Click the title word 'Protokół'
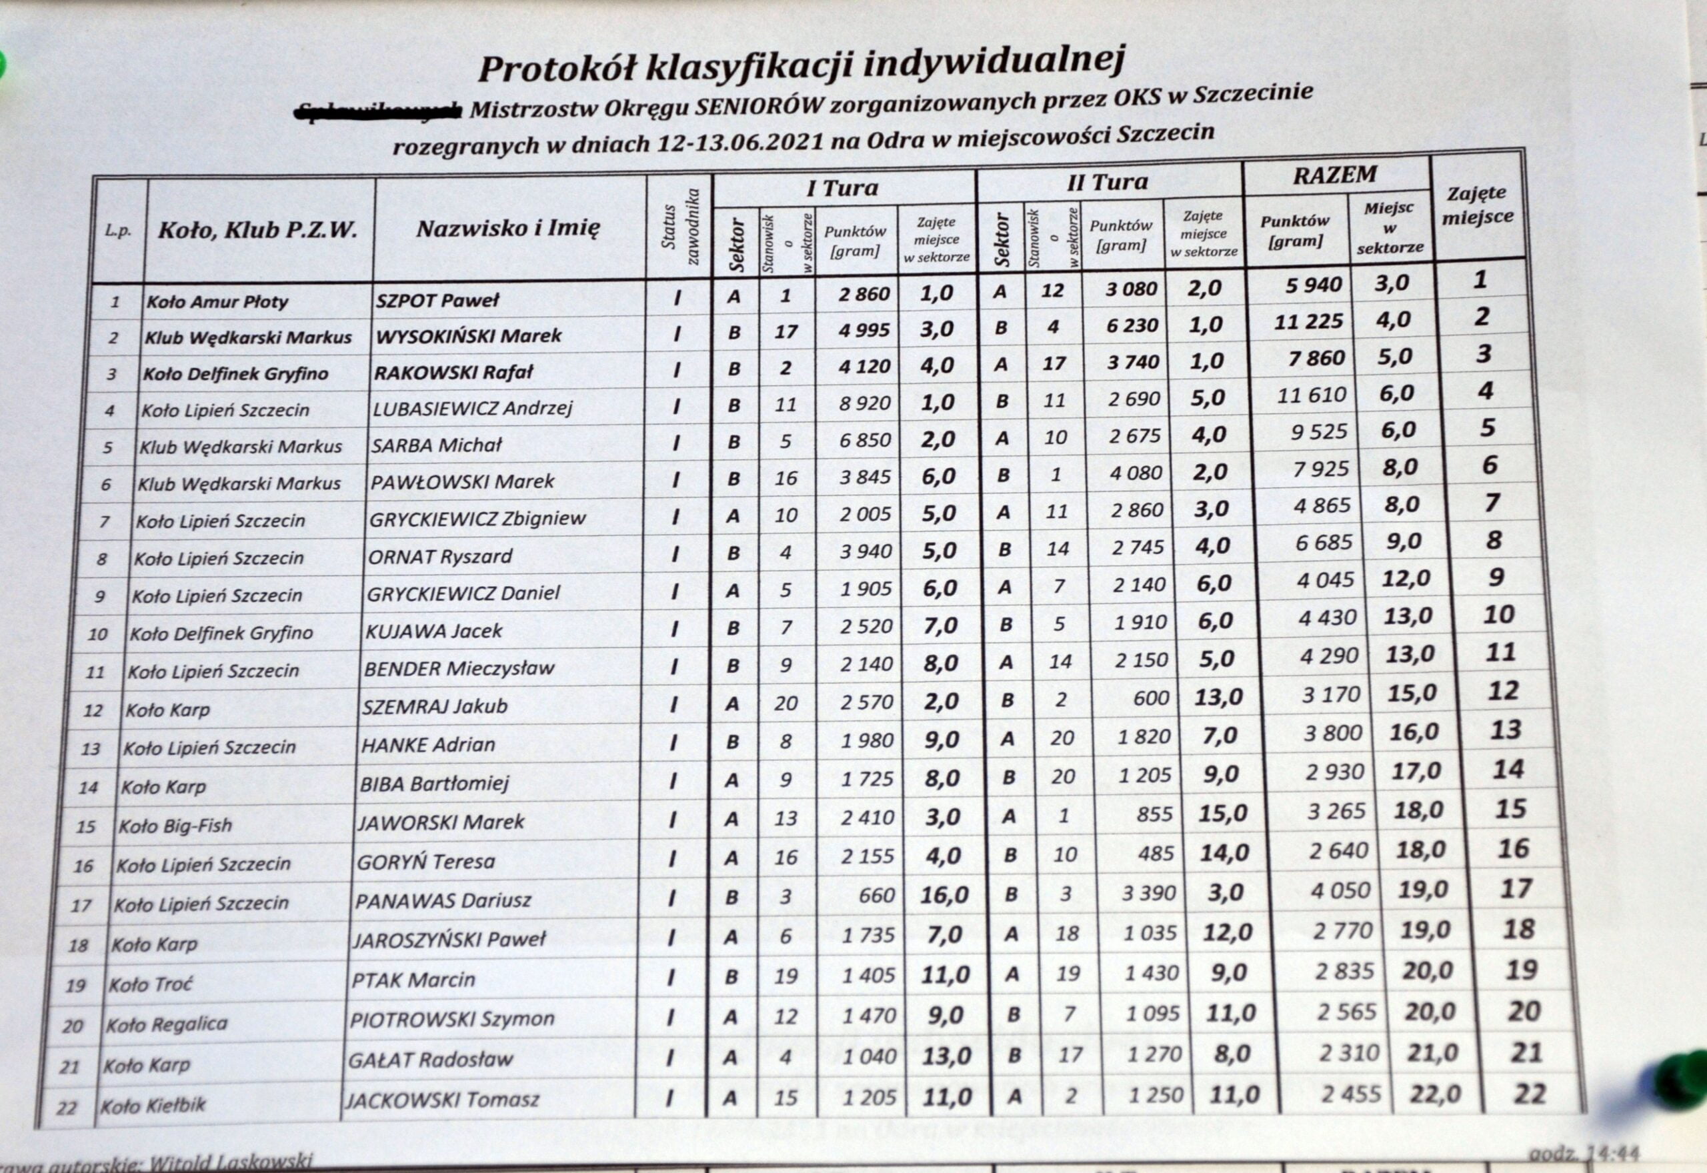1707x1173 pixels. (557, 68)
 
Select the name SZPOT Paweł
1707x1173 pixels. (437, 300)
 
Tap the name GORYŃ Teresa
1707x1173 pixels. (425, 862)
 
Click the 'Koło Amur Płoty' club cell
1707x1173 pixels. (217, 302)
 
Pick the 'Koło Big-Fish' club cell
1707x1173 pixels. (175, 826)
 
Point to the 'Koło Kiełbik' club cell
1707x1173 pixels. (153, 1105)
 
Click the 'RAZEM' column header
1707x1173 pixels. (1334, 175)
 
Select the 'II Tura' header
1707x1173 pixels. (1108, 182)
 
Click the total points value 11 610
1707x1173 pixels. (1311, 395)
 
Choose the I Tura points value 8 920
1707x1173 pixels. (865, 403)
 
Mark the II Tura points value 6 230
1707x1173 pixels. (1132, 325)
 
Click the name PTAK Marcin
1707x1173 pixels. (413, 980)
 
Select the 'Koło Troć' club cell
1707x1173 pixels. (150, 984)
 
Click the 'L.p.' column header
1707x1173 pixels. (117, 231)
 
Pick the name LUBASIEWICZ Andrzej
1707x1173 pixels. (471, 408)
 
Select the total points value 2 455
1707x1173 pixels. (1351, 1094)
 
